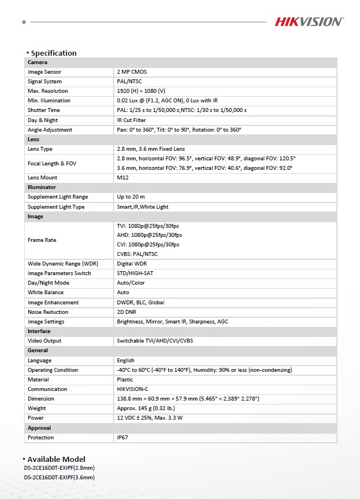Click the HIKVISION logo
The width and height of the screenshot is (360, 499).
[x=308, y=22]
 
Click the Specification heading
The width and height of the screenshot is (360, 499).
[x=53, y=53]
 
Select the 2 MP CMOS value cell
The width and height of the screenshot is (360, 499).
[x=132, y=72]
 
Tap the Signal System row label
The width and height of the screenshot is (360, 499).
[x=45, y=82]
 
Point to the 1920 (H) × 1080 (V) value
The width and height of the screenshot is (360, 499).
[x=141, y=91]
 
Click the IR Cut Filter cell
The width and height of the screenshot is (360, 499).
[x=131, y=120]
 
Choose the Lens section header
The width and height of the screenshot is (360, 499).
[x=33, y=140]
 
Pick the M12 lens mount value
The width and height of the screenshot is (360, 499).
[x=123, y=178]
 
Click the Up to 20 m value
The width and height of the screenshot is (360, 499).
[x=130, y=197]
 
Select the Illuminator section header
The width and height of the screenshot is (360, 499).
[x=42, y=187]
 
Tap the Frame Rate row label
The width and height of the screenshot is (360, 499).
[x=42, y=240]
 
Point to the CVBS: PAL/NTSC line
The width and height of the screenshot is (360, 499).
[x=137, y=254]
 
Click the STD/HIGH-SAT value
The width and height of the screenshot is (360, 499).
[x=135, y=273]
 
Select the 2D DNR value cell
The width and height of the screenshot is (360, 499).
[x=127, y=312]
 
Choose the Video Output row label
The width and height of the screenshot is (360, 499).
[x=44, y=341]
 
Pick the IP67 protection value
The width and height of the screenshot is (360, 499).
[x=123, y=438]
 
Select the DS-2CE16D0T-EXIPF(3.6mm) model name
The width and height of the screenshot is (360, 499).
[x=59, y=478]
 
